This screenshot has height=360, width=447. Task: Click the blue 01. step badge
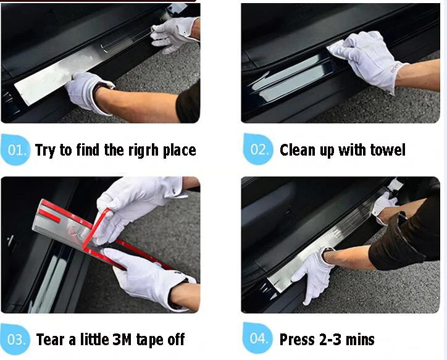pyautogui.click(x=15, y=149)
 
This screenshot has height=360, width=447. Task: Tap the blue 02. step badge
pyautogui.click(x=258, y=149)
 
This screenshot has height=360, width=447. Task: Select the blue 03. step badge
pyautogui.click(x=15, y=339)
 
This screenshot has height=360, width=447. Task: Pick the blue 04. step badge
pyautogui.click(x=257, y=338)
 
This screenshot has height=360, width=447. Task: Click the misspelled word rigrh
pyautogui.click(x=143, y=150)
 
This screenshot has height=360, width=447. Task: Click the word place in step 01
pyautogui.click(x=179, y=150)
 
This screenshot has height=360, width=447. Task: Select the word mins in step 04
pyautogui.click(x=360, y=340)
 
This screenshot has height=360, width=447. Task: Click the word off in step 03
pyautogui.click(x=176, y=339)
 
